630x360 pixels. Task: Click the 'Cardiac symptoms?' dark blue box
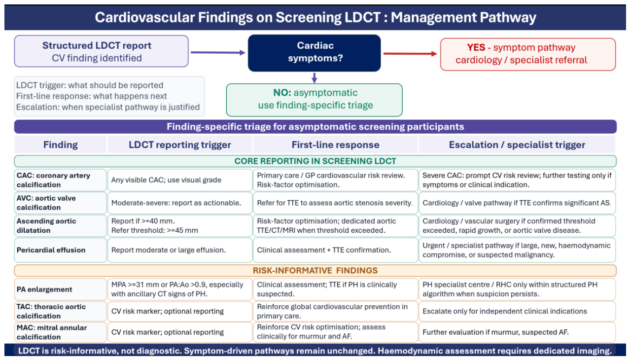click(314, 53)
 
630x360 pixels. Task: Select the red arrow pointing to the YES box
click(410, 53)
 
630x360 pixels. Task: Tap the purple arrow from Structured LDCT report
click(218, 52)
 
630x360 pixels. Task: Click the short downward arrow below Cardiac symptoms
click(315, 78)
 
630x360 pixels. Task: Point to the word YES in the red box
click(476, 47)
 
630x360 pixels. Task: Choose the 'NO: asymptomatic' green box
click(314, 100)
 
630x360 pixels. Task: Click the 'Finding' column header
click(61, 144)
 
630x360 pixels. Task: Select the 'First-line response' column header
click(335, 144)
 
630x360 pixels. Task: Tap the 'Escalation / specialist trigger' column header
click(517, 144)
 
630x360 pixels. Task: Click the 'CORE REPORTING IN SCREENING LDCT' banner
click(315, 161)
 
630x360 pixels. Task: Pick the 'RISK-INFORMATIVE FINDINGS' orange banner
click(315, 270)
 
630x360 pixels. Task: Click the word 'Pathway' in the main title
click(508, 17)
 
